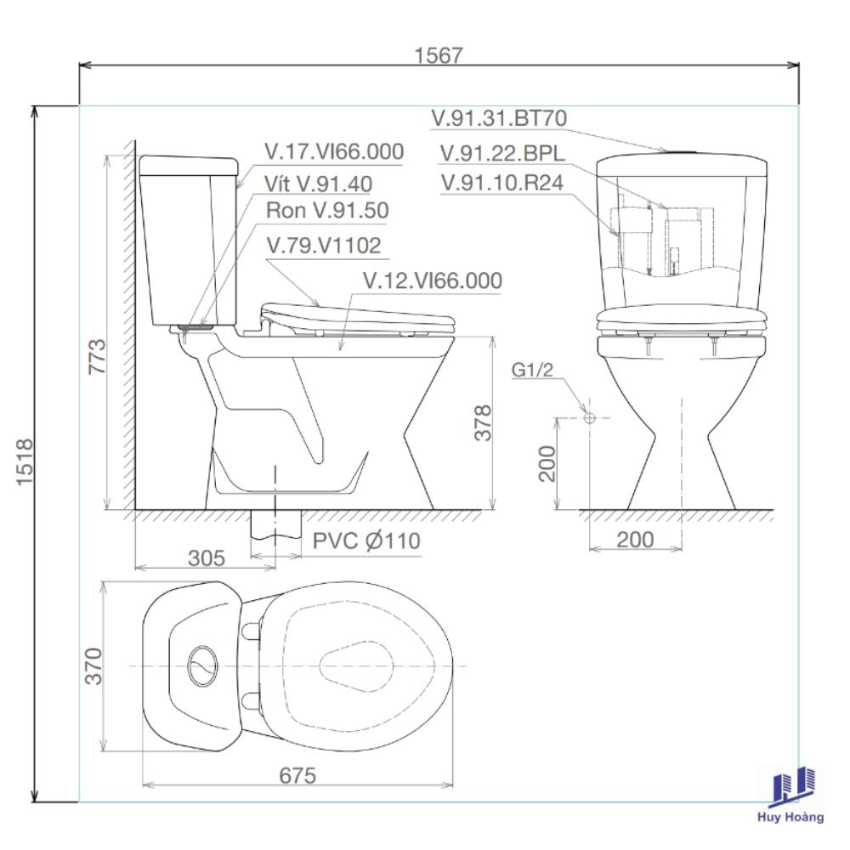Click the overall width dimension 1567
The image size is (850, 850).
point(438,55)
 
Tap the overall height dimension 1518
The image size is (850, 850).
point(25,462)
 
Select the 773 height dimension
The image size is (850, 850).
point(98,356)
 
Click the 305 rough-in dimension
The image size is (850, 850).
point(206,558)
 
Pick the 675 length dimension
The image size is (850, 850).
point(297,776)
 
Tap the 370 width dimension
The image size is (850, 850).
point(93,666)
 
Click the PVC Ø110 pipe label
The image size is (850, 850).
point(366,541)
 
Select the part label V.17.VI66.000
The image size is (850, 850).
point(334,151)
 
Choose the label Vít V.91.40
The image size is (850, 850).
point(318,184)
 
